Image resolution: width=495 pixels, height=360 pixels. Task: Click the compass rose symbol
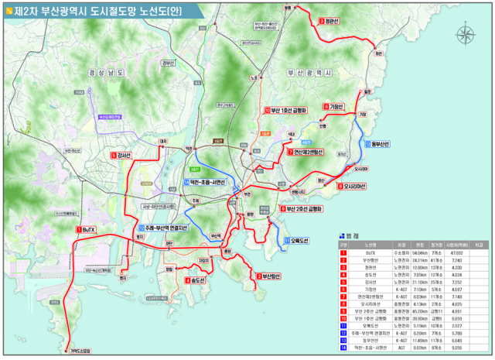pos(466,34)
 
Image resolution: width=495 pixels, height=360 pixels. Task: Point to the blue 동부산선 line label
pos(380,144)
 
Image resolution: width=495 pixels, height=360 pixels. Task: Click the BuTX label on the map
pos(87,230)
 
